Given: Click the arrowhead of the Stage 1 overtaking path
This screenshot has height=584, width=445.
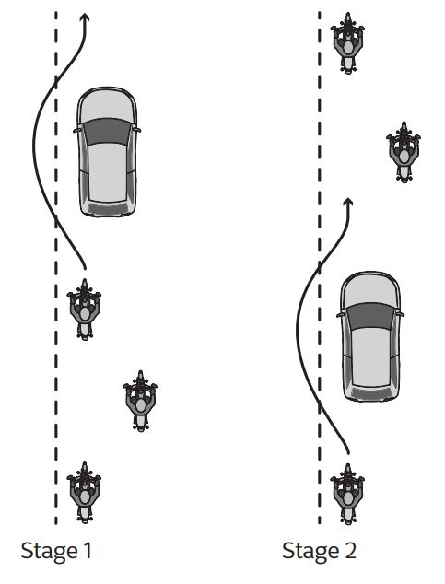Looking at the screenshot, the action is coord(86,18).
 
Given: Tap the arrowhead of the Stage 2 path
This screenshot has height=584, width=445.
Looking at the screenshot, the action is coord(348,202).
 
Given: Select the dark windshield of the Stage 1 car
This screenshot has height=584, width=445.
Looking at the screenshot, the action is coord(107,132).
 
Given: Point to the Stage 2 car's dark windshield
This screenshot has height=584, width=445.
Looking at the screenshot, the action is coord(370,316).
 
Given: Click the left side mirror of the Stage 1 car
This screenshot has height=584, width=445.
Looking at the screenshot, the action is coord(76,131).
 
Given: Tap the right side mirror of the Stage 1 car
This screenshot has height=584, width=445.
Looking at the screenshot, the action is coord(137,130).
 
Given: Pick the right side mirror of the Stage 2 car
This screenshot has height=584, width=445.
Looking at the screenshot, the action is coord(401,314).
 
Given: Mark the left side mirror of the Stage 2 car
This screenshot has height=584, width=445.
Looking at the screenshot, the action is coord(340,315).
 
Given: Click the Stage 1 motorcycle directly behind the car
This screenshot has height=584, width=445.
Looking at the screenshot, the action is coord(84,310).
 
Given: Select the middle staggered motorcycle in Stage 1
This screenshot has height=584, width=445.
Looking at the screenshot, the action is coord(140,401).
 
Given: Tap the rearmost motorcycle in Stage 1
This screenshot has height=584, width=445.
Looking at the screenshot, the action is coord(84,493).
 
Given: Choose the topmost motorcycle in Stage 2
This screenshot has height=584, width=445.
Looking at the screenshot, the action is coord(347,43).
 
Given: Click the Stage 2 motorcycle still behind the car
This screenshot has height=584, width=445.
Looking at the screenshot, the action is coord(347,495).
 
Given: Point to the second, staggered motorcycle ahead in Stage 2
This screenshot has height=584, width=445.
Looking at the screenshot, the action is coord(404,152).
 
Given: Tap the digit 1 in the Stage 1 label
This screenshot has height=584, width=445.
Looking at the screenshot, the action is coord(88,551).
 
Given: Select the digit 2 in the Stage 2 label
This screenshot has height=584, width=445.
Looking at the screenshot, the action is coord(350,551).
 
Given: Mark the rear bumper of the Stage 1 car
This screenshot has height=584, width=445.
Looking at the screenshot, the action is coord(108,209).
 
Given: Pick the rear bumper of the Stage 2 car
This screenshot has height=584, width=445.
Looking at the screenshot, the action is coord(371,393).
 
